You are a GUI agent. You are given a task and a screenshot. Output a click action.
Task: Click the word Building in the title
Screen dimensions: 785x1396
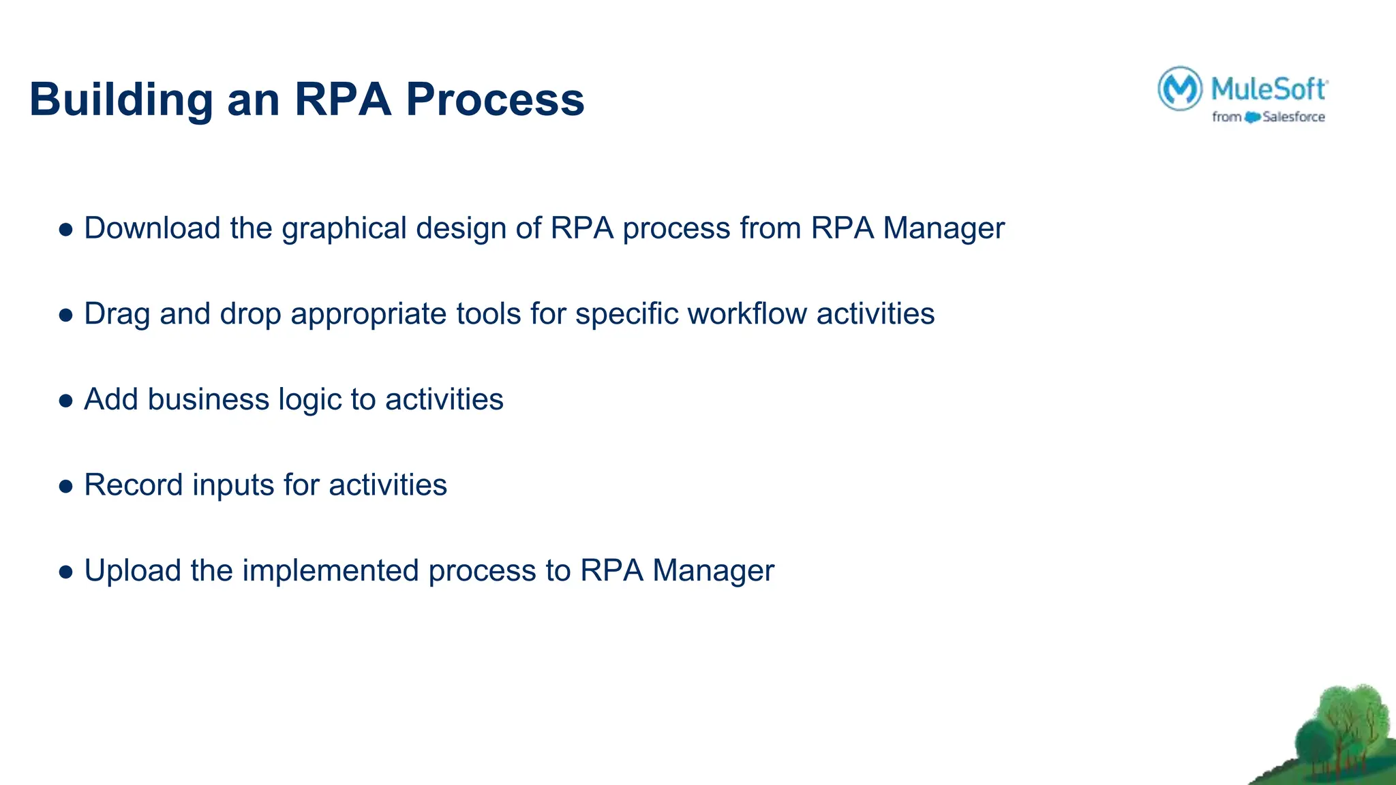tap(121, 99)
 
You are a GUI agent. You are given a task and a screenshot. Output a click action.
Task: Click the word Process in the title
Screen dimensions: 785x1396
tap(495, 99)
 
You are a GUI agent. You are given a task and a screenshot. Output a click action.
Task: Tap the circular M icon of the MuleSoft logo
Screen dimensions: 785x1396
tap(1179, 89)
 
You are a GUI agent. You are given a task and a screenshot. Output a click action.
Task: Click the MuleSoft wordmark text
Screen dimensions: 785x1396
tap(1269, 89)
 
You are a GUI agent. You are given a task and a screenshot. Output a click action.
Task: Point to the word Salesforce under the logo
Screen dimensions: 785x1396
tap(1293, 117)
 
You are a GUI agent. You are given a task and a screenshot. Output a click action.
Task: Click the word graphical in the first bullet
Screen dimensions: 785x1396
tap(344, 228)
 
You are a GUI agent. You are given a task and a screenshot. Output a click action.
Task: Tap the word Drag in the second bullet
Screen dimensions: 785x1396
tap(117, 314)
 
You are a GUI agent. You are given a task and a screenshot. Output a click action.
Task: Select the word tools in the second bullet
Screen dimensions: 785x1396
tap(489, 314)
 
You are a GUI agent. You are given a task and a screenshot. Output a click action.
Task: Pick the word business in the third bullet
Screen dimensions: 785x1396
tap(208, 399)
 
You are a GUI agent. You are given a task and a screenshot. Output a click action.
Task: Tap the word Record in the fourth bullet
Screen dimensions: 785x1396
tap(133, 485)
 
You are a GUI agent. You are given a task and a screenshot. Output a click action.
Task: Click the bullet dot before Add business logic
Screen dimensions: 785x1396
tap(66, 401)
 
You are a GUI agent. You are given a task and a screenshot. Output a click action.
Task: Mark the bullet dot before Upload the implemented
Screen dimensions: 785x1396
tap(66, 572)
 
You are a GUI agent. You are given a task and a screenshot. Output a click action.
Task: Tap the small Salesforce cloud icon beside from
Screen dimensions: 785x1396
tap(1251, 117)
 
